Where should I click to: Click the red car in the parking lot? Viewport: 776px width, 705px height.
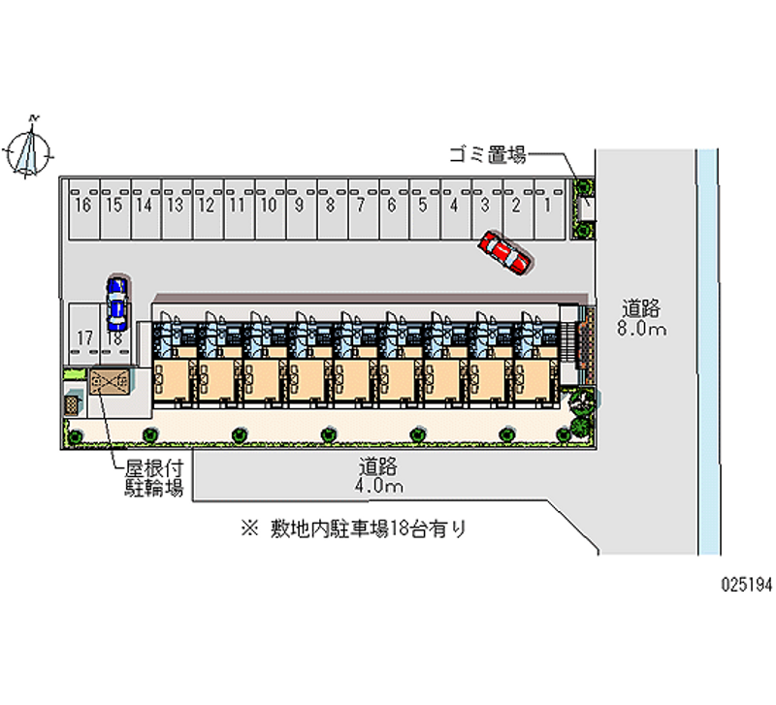pyautogui.click(x=505, y=253)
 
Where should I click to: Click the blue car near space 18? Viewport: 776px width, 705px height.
pyautogui.click(x=116, y=300)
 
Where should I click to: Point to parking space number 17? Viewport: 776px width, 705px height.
pyautogui.click(x=83, y=338)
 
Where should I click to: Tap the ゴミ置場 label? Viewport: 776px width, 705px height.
pyautogui.click(x=487, y=153)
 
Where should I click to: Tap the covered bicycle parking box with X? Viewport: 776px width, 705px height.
pyautogui.click(x=109, y=381)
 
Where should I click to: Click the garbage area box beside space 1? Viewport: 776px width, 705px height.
pyautogui.click(x=584, y=207)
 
